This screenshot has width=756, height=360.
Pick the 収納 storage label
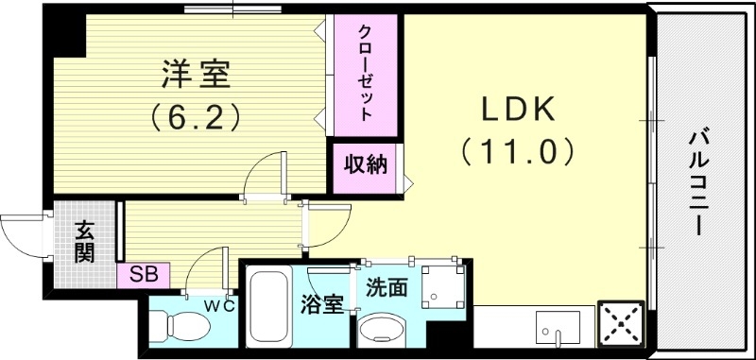click(364, 165)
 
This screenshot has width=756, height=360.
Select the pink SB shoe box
click(144, 276)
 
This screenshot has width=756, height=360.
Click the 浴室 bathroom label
click(322, 304)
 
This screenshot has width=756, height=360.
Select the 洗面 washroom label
click(387, 286)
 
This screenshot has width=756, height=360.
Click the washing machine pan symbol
click(442, 289)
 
